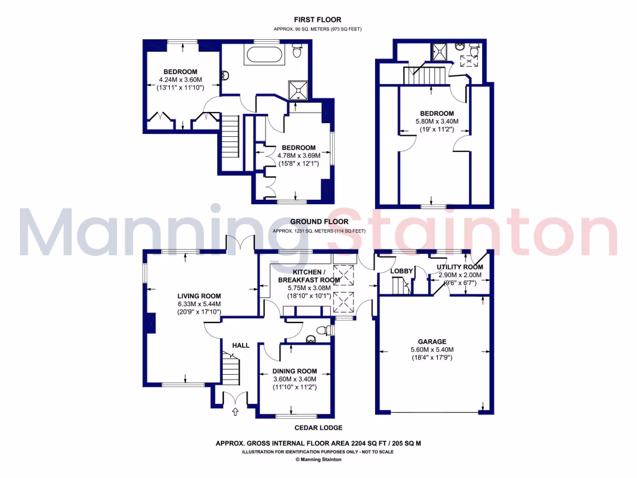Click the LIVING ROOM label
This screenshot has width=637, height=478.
[199, 296]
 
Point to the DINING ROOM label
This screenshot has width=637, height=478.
[295, 371]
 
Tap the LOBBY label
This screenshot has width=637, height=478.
[402, 271]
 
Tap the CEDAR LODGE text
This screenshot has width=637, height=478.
[318, 428]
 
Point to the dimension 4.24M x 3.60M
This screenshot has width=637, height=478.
[181, 80]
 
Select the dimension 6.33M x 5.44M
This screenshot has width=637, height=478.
[199, 304]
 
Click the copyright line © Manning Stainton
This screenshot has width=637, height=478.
[318, 460]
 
